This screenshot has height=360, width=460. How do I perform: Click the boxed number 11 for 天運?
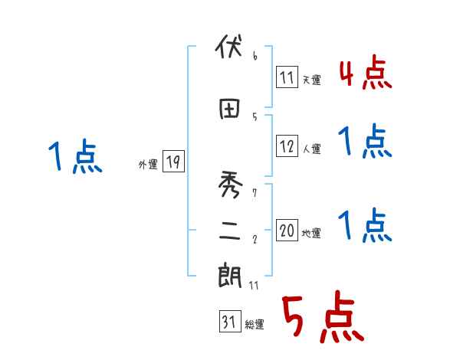pyautogui.click(x=287, y=77)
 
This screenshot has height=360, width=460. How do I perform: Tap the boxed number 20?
pyautogui.click(x=287, y=231)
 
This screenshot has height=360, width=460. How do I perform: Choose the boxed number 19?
pyautogui.click(x=173, y=162)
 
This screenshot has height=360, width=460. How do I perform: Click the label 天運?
pyautogui.click(x=311, y=80)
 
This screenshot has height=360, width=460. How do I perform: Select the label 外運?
pyautogui.click(x=148, y=164)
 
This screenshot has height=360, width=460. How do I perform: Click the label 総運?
pyautogui.click(x=255, y=325)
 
